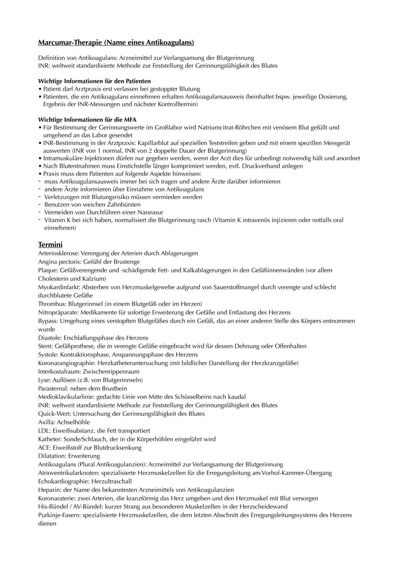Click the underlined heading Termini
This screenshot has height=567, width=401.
pos(50,244)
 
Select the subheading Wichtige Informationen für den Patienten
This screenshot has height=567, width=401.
pos(94,81)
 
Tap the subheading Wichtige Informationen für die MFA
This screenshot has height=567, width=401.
pos(87,120)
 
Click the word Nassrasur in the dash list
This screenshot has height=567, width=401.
pos(150,212)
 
